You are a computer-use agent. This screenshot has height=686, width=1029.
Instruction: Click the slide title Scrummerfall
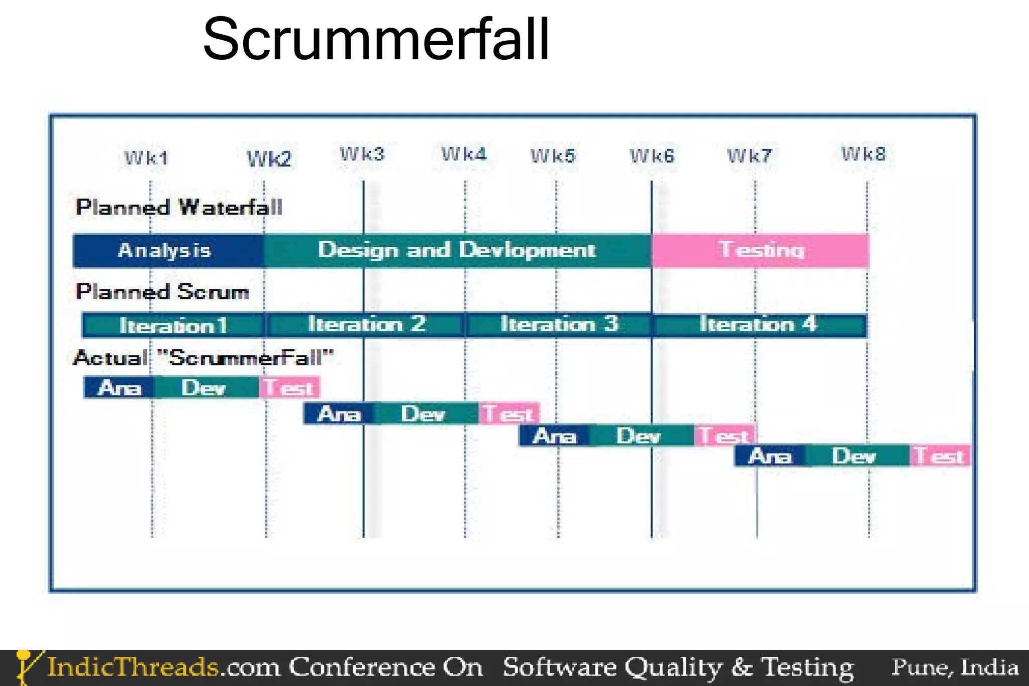tap(376, 39)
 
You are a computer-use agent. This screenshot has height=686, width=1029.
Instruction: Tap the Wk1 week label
tap(146, 158)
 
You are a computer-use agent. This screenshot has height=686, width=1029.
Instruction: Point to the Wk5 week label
tap(553, 156)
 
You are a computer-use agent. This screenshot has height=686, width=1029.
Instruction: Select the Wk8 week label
tap(864, 154)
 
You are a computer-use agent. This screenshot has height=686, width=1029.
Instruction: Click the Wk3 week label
tap(362, 154)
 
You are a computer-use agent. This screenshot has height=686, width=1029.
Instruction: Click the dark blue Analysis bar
tap(166, 250)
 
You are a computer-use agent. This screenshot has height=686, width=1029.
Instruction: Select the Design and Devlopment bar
tap(457, 250)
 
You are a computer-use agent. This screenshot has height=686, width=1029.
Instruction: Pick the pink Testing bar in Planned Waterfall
tap(761, 250)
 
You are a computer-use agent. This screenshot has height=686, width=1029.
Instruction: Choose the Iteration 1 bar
tap(173, 326)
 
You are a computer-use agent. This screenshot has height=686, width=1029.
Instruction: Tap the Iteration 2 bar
tap(366, 325)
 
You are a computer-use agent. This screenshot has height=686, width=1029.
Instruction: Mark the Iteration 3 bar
tap(559, 325)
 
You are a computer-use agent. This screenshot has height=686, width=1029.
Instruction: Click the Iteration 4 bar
tap(759, 325)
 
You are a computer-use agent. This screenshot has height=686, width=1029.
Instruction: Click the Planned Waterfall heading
tap(179, 207)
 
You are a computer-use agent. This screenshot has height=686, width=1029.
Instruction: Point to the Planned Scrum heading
tap(162, 292)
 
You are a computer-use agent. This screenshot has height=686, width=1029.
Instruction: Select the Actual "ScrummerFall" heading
tap(203, 358)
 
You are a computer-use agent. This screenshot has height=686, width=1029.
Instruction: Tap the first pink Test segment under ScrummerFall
tap(289, 387)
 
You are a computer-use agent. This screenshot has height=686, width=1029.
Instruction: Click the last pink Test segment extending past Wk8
tap(939, 456)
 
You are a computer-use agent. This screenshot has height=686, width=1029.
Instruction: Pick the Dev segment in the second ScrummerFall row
tap(423, 414)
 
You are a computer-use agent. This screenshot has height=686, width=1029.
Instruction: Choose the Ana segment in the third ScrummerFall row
tap(554, 436)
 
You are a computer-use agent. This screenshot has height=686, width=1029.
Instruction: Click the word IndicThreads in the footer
tap(133, 667)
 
